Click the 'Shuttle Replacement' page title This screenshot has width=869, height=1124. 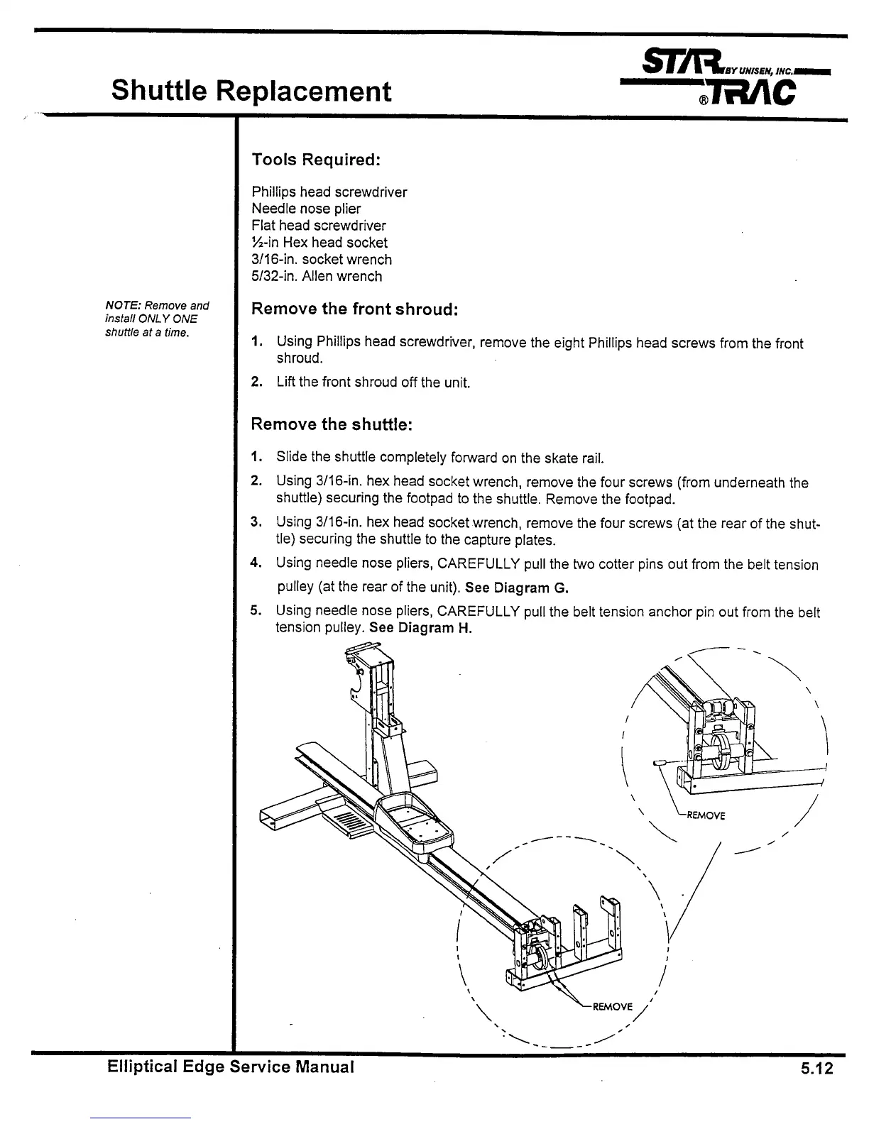click(251, 91)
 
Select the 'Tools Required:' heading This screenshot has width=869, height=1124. click(316, 160)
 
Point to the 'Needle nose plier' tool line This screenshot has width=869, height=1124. click(306, 209)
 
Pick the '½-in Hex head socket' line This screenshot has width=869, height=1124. click(319, 243)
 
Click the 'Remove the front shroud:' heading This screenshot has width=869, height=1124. click(355, 309)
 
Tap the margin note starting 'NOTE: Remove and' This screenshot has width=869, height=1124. click(157, 319)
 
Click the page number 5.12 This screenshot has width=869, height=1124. click(816, 1069)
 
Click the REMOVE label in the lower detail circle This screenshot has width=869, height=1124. click(611, 1007)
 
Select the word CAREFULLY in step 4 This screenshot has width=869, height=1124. click(477, 565)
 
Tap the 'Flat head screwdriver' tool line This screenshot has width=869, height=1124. click(319, 226)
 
